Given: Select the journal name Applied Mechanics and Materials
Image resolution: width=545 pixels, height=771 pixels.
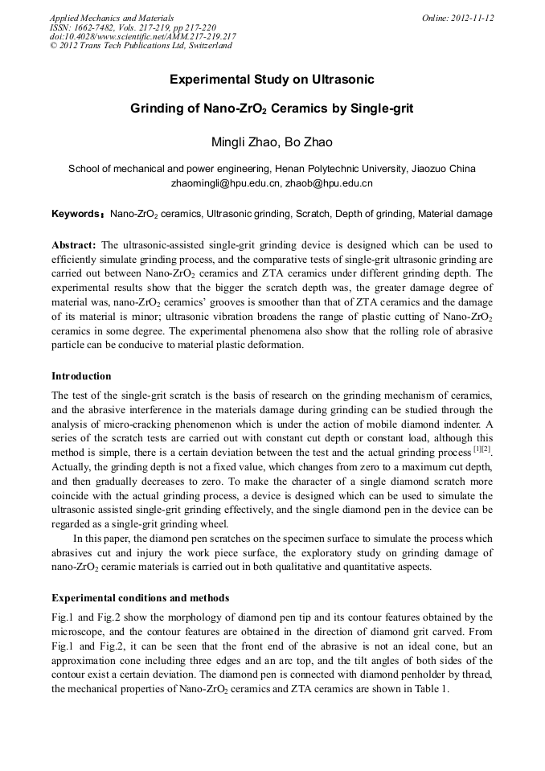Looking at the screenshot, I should click(x=112, y=18).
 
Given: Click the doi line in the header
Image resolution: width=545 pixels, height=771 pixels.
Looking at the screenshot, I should click(x=142, y=36).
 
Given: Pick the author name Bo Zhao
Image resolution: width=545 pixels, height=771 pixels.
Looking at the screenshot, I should click(x=310, y=143).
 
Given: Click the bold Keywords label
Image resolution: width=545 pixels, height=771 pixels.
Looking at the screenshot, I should click(x=76, y=215).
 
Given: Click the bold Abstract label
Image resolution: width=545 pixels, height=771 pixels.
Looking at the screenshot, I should click(x=74, y=244).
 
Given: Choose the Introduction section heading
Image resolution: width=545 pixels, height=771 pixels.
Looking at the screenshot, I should click(x=81, y=376).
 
